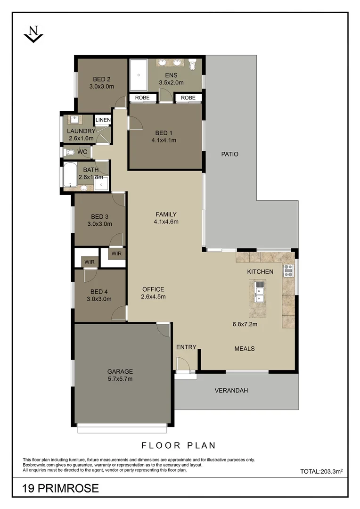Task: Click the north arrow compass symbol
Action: coord(33,35)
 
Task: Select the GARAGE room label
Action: coord(120,371)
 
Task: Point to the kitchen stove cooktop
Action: coord(288,271)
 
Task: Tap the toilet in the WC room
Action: coord(71,152)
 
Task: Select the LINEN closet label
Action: coord(103,120)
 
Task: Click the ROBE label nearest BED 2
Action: coord(142,98)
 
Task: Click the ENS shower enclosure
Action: coord(138,75)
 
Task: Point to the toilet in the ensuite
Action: coord(193,65)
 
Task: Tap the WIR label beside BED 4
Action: coord(89,262)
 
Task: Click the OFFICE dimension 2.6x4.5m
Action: coord(153,297)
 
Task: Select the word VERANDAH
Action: coord(231,390)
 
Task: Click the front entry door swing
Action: coord(182,364)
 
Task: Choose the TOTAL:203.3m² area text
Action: coord(320,471)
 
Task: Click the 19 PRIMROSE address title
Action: coord(61,488)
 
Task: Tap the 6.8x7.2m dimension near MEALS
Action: coord(245,324)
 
